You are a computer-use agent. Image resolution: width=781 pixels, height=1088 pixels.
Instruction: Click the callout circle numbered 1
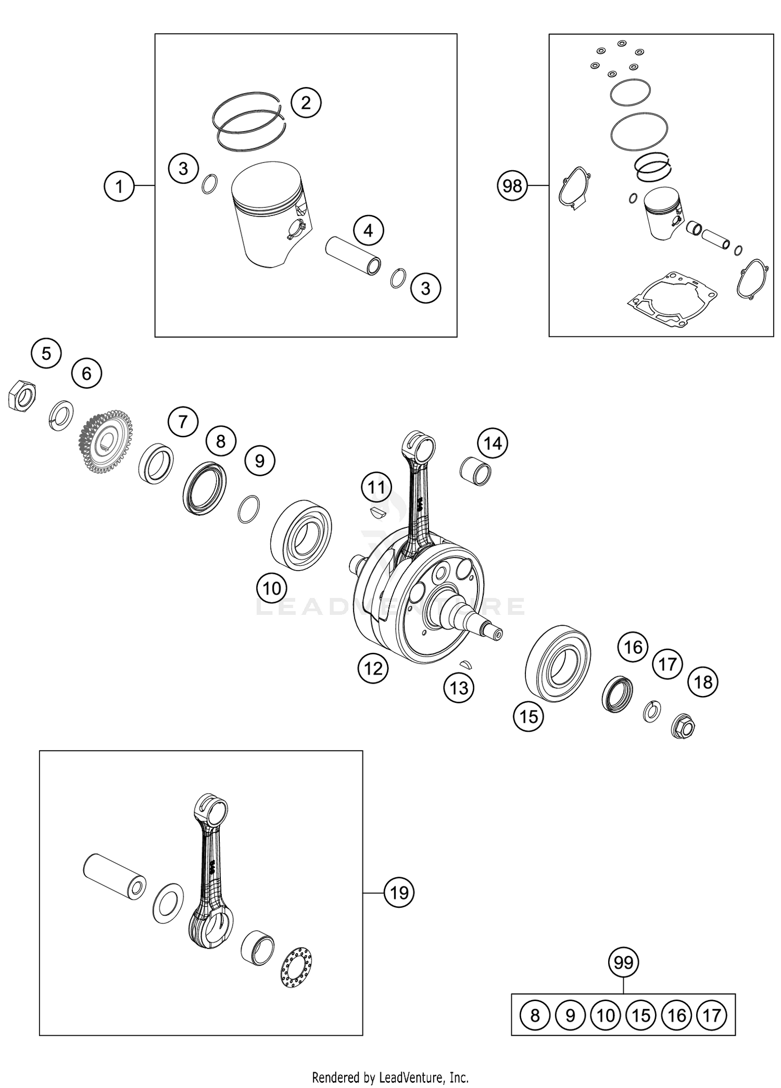pyautogui.click(x=119, y=186)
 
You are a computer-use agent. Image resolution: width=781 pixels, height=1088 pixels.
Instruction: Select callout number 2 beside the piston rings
pyautogui.click(x=306, y=102)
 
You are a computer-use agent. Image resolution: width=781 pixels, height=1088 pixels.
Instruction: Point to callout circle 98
pyautogui.click(x=512, y=185)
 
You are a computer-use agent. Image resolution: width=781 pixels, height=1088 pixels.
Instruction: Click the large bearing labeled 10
pyautogui.click(x=301, y=534)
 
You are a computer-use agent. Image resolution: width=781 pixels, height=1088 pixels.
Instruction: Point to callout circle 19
pyautogui.click(x=399, y=893)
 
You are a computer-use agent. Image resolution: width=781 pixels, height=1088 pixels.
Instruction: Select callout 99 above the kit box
pyautogui.click(x=623, y=963)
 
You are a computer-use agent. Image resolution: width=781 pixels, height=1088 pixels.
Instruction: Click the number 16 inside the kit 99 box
pyautogui.click(x=676, y=1015)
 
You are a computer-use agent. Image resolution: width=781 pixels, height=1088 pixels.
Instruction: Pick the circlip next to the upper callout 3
pyautogui.click(x=209, y=184)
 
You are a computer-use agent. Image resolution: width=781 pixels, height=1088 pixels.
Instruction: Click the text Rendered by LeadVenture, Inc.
pyautogui.click(x=390, y=1077)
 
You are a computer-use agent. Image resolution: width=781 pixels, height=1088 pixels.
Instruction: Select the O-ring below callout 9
pyautogui.click(x=248, y=509)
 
